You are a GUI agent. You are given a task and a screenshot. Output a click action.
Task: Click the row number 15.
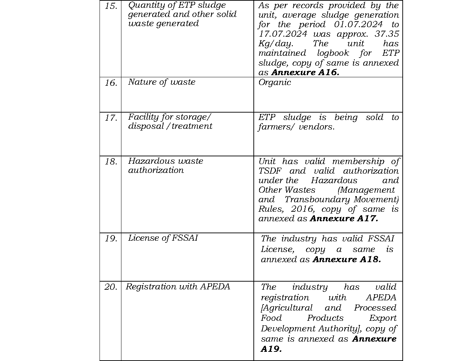[x=111, y=6]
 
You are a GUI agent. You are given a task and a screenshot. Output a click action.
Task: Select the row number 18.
[x=111, y=162]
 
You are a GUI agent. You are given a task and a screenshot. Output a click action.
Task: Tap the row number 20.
[x=111, y=287]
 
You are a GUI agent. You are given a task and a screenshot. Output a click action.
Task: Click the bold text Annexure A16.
[x=305, y=72]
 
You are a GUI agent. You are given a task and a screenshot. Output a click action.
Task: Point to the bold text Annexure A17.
[x=344, y=218]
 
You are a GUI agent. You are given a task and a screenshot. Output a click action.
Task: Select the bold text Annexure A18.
[x=347, y=259]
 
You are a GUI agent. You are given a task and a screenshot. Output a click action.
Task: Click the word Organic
[x=275, y=82]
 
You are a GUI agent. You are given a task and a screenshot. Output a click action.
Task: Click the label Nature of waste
[x=162, y=82]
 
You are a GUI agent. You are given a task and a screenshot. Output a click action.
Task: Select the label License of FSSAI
[x=163, y=238]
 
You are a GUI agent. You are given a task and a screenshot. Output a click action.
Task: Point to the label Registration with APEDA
[x=178, y=287]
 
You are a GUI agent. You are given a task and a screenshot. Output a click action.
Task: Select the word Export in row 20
[x=383, y=318]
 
